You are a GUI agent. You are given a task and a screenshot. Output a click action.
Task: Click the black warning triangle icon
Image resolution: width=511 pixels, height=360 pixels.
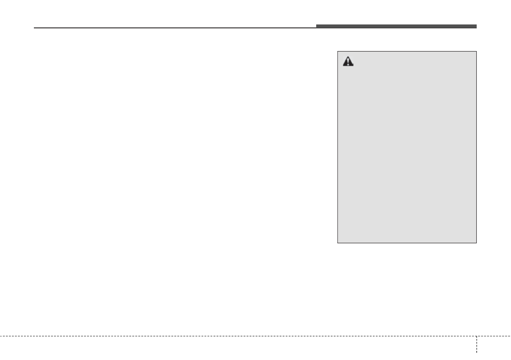click(x=348, y=62)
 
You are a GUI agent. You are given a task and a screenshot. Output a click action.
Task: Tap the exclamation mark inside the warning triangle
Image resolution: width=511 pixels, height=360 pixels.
click(x=348, y=63)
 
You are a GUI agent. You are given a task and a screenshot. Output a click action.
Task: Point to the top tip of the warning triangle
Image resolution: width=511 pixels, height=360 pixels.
click(x=348, y=57)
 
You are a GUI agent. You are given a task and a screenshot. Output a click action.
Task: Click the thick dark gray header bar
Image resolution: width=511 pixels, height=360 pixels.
click(x=396, y=26)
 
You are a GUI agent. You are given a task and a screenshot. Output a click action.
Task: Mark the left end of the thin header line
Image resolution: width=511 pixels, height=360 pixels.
click(x=34, y=28)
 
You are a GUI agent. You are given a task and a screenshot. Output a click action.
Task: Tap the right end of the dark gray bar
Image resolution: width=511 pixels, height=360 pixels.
click(x=476, y=26)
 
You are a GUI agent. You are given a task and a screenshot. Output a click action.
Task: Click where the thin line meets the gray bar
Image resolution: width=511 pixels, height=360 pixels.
click(x=317, y=27)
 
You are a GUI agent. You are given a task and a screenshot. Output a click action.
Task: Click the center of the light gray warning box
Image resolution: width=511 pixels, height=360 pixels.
click(x=407, y=147)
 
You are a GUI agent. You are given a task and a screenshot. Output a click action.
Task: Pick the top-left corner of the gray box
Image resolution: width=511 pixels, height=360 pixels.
click(x=338, y=51)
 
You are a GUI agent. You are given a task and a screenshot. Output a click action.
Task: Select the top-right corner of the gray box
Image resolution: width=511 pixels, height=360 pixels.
click(x=476, y=51)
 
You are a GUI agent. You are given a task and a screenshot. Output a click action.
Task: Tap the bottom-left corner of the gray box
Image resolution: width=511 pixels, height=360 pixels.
click(x=338, y=243)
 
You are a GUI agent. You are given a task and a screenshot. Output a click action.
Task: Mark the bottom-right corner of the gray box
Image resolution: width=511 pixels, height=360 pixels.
click(x=476, y=243)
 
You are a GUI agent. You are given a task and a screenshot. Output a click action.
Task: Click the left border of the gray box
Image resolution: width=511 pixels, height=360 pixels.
click(x=338, y=147)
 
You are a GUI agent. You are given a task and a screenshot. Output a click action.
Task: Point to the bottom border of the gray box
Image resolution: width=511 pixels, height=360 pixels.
click(x=407, y=243)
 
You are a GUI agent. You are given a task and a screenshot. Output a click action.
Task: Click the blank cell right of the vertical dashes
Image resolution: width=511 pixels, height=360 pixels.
click(x=493, y=348)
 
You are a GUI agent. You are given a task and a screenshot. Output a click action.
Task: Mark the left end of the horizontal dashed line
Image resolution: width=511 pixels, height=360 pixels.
click(x=1, y=336)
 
